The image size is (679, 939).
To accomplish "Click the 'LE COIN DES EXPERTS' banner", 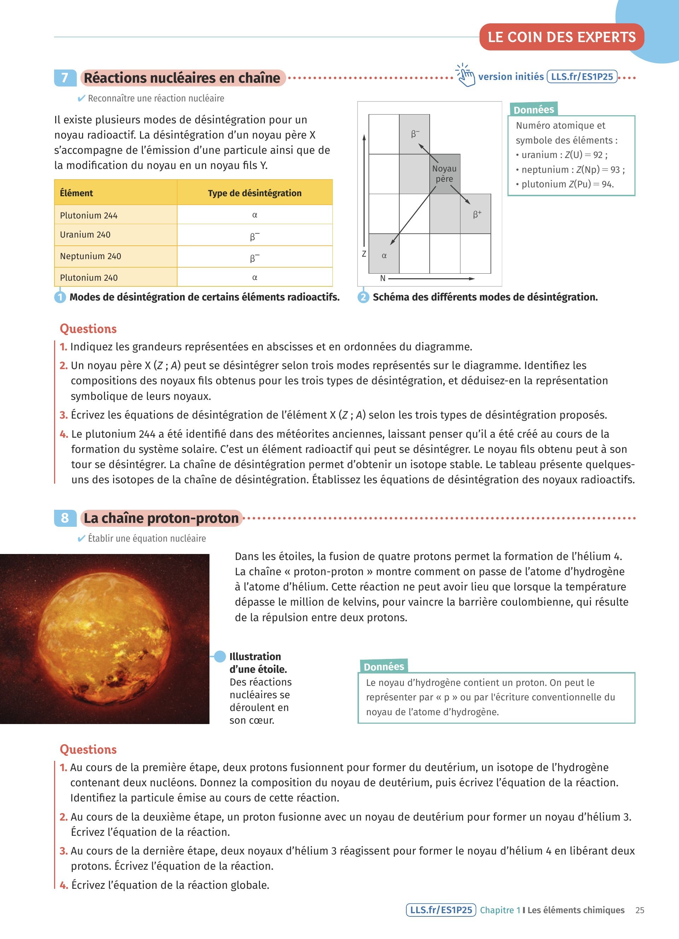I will pos(562,37).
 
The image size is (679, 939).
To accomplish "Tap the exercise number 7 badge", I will pos(65,78).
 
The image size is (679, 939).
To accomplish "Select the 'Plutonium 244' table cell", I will pos(89,215).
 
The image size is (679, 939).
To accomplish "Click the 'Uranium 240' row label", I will pos(85,235).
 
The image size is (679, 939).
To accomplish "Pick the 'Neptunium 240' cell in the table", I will pos(91,256).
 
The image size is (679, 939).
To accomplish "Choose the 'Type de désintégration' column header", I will pos(255,193).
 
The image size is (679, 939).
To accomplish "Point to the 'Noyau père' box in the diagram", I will pos(444,174).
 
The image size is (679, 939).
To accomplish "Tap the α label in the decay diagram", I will pos(384,256).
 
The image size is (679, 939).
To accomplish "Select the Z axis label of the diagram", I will pos(364,254).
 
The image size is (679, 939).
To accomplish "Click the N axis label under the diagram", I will pos(383,279).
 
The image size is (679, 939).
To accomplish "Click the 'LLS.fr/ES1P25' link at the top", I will pos(582,77).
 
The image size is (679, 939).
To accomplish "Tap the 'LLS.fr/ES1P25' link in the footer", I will pos(441,910).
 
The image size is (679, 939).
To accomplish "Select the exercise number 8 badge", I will pos(65,518).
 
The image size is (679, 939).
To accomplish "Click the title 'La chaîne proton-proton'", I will pos(161,518).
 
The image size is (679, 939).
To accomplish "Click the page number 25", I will pos(640,910).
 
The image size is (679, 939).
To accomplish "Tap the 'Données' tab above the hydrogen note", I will pos(383,666).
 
